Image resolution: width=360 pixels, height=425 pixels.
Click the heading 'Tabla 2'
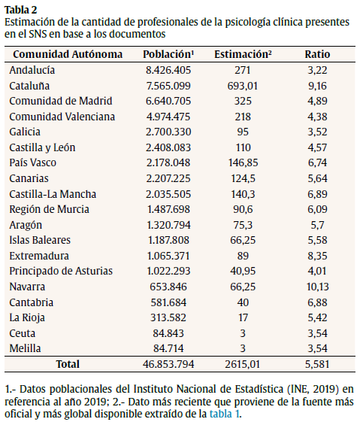[x=22, y=9]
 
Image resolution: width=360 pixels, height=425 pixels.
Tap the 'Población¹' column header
[x=169, y=55]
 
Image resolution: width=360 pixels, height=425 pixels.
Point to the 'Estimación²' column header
[x=243, y=55]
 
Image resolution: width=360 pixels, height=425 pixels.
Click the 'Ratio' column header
[x=317, y=55]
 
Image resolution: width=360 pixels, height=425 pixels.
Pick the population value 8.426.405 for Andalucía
[x=169, y=70]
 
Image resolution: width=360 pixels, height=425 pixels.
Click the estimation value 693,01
[x=243, y=86]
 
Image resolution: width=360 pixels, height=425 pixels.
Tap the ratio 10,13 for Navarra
[x=317, y=286]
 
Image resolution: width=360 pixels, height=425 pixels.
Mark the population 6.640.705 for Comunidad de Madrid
[x=169, y=101]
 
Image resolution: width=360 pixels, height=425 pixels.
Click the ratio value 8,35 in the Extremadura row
[x=317, y=256]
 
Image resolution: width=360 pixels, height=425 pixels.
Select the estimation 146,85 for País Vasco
[x=243, y=162]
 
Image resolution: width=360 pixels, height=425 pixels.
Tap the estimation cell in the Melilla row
[x=243, y=348]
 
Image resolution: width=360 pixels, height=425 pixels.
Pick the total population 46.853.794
[x=169, y=364]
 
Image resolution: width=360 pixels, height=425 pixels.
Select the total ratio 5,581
[x=317, y=364]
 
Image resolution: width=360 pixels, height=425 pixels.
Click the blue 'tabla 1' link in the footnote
[x=225, y=413]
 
